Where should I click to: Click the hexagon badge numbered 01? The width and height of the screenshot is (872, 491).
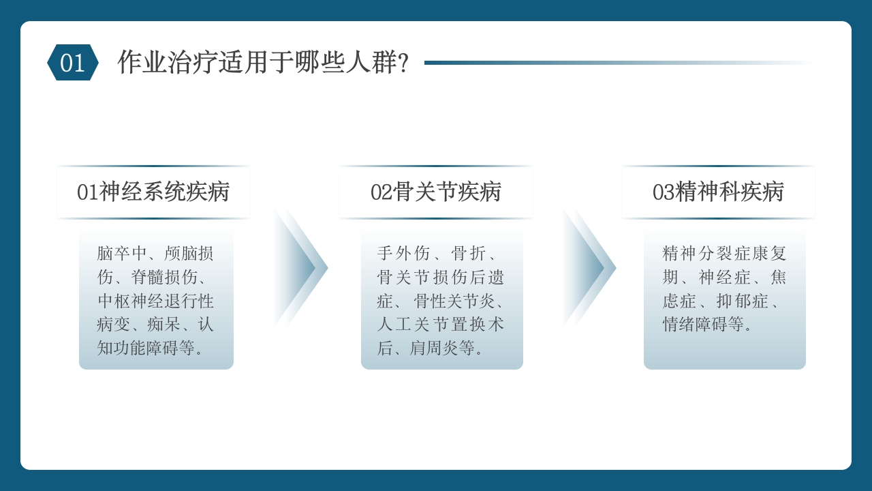[73, 63]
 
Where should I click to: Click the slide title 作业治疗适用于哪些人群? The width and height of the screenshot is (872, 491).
[263, 63]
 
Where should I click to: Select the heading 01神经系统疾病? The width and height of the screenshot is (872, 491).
[153, 192]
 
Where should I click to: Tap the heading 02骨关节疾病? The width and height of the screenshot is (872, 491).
[436, 192]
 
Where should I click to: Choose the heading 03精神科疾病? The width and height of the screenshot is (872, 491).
[718, 192]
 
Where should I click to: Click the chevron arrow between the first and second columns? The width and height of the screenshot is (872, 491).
[300, 268]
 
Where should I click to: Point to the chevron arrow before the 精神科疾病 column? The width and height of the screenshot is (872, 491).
[589, 268]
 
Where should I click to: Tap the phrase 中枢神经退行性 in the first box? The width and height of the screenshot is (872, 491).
[155, 301]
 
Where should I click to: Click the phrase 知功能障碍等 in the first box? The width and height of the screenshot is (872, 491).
[146, 348]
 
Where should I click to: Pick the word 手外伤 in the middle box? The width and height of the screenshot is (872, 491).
[403, 254]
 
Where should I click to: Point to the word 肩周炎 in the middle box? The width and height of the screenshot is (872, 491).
[435, 348]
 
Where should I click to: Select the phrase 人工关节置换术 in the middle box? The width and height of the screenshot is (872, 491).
[441, 325]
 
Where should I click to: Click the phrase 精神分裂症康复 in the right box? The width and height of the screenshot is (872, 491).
[724, 254]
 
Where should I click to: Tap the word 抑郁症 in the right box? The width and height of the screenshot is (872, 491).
[741, 301]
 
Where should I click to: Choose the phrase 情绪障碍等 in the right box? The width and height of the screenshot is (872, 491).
[703, 325]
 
